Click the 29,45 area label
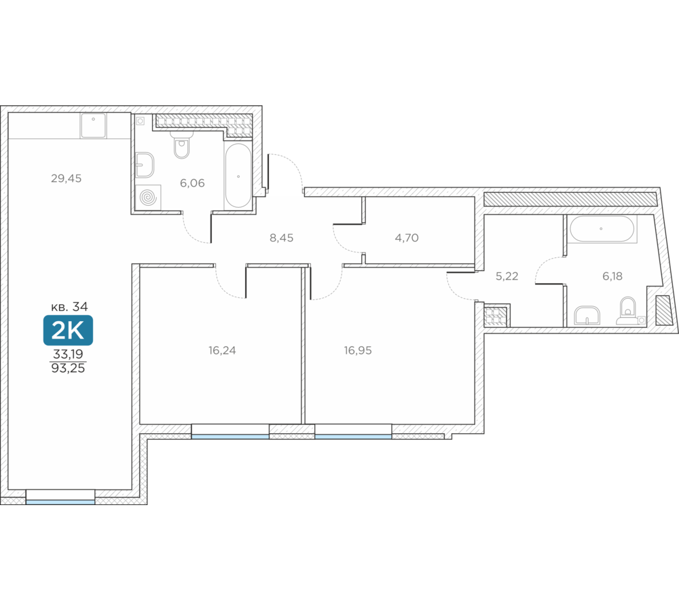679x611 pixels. click(67, 179)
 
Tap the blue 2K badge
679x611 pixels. click(68, 331)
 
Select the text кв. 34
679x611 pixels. click(69, 307)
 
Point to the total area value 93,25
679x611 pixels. click(68, 369)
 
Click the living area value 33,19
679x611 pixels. click(68, 354)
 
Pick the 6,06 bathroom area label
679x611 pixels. click(192, 183)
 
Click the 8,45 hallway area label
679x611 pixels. click(282, 238)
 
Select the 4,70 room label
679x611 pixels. click(407, 238)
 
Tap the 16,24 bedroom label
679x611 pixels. click(222, 350)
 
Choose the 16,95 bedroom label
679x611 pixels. click(358, 350)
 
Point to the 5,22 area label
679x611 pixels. click(507, 276)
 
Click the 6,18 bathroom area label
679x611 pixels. click(612, 276)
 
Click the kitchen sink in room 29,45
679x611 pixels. click(93, 126)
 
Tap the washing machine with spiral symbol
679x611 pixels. click(148, 198)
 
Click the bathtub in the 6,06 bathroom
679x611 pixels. click(238, 175)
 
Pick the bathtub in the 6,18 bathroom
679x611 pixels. click(601, 229)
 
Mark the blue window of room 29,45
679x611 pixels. click(60, 502)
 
